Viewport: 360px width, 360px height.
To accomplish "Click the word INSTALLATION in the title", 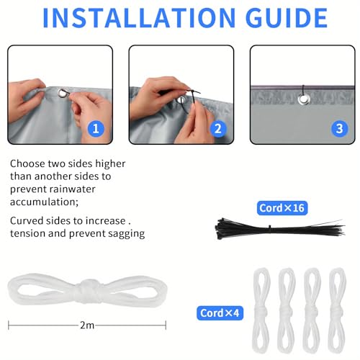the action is coord(139,18).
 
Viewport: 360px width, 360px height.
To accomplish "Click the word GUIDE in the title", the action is coord(287,18).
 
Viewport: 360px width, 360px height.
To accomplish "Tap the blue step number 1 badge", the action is coord(96,129).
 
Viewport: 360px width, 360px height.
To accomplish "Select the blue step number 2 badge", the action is coord(218,129).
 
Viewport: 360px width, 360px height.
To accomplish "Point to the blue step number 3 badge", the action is coord(340,129).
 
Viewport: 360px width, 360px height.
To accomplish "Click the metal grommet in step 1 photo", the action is coord(63,94).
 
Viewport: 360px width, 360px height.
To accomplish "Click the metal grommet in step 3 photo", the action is coord(304,99).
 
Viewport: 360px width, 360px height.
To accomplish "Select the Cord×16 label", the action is coord(282,208).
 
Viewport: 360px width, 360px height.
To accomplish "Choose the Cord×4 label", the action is coord(220,313).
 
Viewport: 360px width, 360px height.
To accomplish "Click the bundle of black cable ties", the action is coord(279,229).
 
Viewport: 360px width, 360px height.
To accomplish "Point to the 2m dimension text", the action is coord(87,325).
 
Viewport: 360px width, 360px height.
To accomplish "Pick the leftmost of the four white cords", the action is coord(261,311).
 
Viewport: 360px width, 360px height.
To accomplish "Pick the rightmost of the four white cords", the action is coord(338,311).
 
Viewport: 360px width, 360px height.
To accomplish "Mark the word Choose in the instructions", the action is coord(27,163).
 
